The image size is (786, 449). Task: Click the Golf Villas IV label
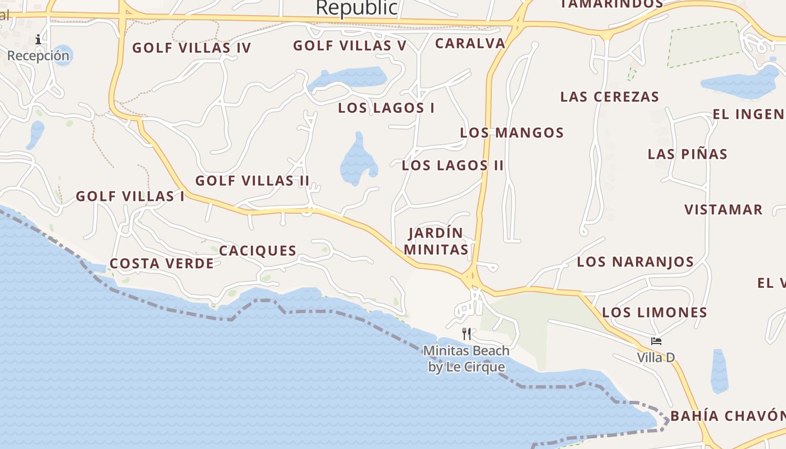coord(191,48)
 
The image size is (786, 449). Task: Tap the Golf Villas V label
coord(349,45)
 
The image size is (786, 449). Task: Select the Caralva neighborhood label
coord(470,43)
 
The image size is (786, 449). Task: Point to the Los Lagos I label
coord(386,108)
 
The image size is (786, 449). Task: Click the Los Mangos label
coord(511,133)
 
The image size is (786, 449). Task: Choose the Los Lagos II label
coord(453,166)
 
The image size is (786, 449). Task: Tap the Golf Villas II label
coord(252,181)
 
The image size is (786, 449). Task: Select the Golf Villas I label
coord(130,196)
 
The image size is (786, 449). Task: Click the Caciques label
coord(258,251)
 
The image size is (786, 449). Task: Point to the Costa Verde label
coord(162,264)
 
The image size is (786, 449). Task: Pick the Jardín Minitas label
coord(436,241)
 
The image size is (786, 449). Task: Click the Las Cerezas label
coord(609,97)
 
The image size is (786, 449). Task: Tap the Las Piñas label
coord(687,154)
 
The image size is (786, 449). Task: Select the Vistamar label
coord(723,210)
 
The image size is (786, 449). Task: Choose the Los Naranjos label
coord(635,262)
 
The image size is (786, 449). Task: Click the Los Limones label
coord(654,313)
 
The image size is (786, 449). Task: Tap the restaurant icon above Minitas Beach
coord(467,334)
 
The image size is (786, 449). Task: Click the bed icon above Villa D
coord(656,341)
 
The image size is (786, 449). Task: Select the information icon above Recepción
coord(38,39)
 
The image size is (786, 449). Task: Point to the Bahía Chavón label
coord(728,416)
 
